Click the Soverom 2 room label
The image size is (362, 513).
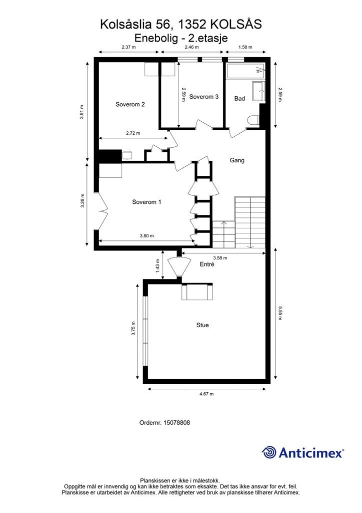[x=130, y=105]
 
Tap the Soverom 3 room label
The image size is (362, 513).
[x=203, y=97]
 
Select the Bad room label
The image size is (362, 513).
[x=239, y=99]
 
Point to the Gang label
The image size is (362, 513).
[x=237, y=161]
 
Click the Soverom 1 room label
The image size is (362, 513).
[x=146, y=202]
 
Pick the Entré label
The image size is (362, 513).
[x=206, y=265]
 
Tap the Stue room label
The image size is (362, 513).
[x=202, y=325]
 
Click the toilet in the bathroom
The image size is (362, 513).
[x=254, y=120]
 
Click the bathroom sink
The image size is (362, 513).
[x=259, y=91]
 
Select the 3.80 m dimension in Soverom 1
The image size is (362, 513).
[x=146, y=236]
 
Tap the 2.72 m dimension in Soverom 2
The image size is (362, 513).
[x=132, y=133]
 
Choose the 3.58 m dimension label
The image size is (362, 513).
[x=220, y=258]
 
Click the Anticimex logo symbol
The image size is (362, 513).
[x=269, y=452]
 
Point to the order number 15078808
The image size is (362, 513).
[x=164, y=423]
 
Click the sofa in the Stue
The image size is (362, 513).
[x=197, y=292]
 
